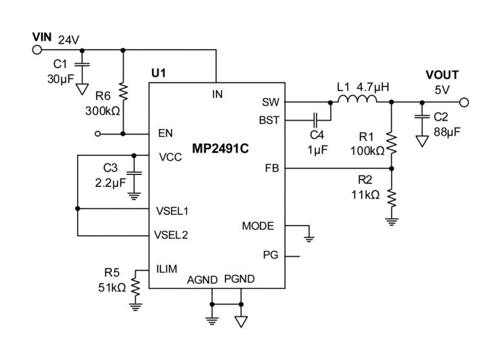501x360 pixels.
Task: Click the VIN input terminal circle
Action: (x=37, y=49)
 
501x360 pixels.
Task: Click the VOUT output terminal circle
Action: (x=463, y=103)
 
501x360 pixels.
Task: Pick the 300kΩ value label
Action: (x=102, y=109)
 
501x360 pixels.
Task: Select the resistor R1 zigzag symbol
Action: (x=392, y=143)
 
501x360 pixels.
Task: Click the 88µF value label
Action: (x=446, y=132)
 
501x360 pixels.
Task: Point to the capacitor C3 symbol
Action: (x=134, y=173)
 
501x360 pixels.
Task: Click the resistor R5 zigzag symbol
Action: (x=135, y=287)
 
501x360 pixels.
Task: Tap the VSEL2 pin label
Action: (x=172, y=236)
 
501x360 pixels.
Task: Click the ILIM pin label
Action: (x=167, y=269)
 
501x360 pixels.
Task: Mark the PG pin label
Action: (x=269, y=255)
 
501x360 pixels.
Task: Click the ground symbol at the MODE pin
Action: (x=309, y=236)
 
